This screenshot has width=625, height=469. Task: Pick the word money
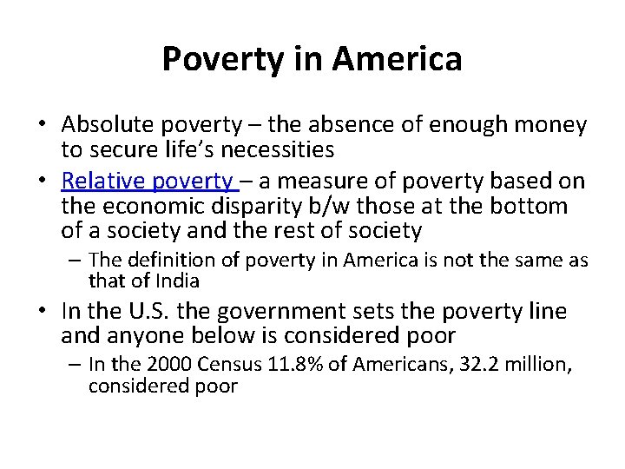click(547, 126)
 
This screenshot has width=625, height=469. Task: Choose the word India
click(178, 281)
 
